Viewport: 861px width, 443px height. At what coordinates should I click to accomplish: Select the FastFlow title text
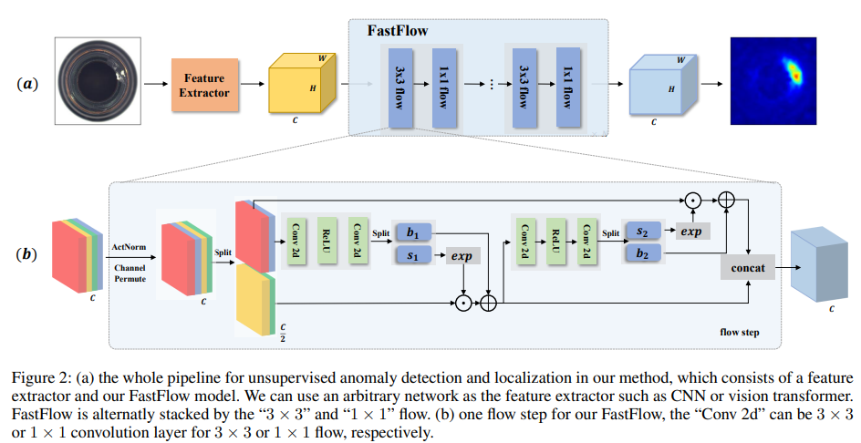398,31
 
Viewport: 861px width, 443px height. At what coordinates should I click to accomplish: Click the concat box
748,268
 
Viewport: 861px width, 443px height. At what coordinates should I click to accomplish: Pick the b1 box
416,232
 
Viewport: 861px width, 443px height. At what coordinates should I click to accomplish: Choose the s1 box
416,256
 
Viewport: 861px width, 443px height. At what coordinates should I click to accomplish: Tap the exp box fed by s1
462,256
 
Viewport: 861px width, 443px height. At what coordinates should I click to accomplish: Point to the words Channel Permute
130,273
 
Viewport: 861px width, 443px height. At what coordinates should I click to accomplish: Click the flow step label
739,333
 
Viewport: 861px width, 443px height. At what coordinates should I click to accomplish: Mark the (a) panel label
28,84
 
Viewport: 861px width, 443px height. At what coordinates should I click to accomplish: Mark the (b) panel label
28,253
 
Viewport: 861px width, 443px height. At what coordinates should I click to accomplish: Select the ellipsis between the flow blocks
491,84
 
